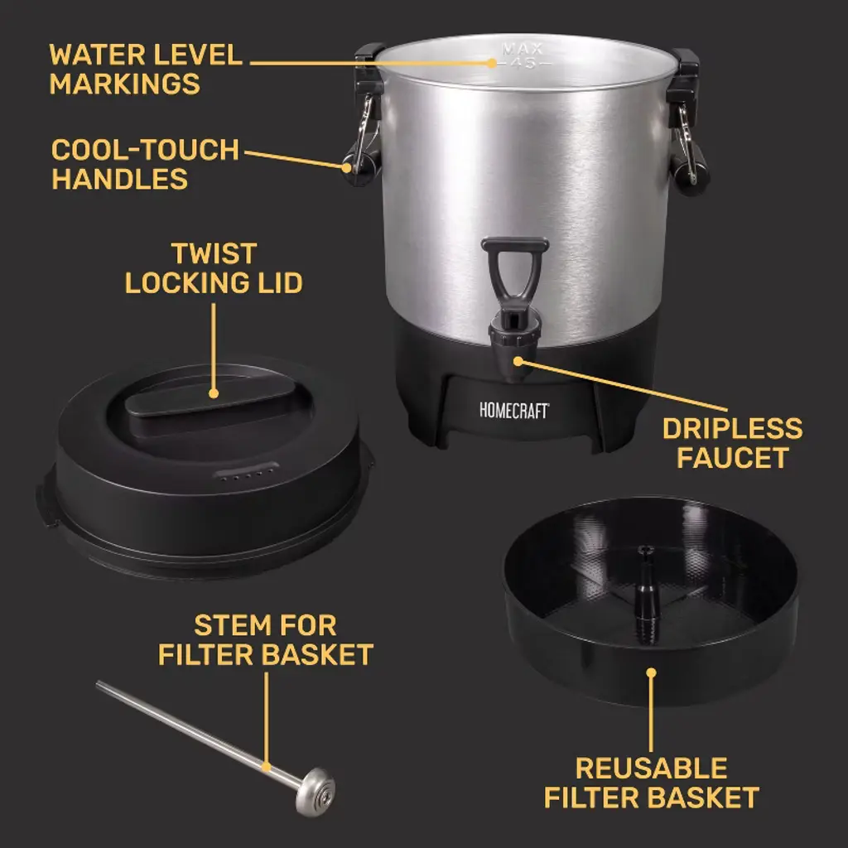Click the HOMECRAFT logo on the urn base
click(x=514, y=411)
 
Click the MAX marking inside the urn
click(x=522, y=49)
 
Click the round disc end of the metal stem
click(x=316, y=792)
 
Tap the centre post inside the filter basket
click(x=644, y=594)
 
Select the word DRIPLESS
click(x=732, y=428)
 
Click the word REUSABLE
click(x=651, y=768)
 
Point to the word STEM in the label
click(x=226, y=626)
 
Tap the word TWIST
click(x=214, y=253)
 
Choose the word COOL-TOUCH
click(x=145, y=150)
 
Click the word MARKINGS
click(x=124, y=84)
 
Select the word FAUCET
click(x=732, y=457)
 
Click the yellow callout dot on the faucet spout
click(x=518, y=361)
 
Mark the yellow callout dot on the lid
click(x=214, y=393)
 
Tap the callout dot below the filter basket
click(x=651, y=672)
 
